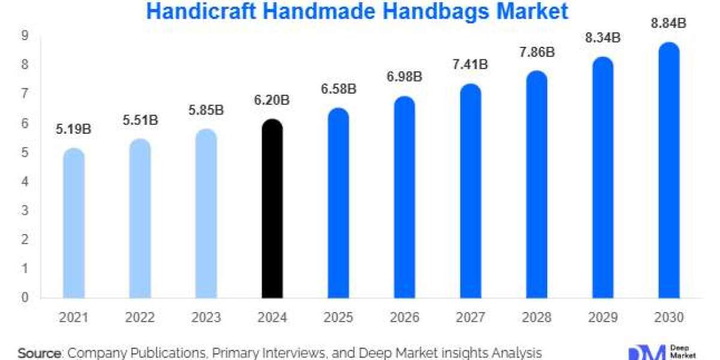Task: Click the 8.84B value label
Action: (x=668, y=23)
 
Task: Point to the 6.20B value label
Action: (x=272, y=100)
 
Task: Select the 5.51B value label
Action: (x=140, y=120)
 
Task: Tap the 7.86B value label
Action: (x=536, y=52)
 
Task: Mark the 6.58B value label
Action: (x=338, y=89)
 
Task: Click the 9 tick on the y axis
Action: (x=26, y=36)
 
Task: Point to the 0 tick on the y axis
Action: (x=26, y=298)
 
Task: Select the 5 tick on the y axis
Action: (x=26, y=152)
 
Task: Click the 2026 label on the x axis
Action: (x=404, y=317)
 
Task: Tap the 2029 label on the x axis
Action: (x=602, y=317)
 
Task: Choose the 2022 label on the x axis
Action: (x=140, y=317)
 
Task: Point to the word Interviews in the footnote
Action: (x=277, y=352)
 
